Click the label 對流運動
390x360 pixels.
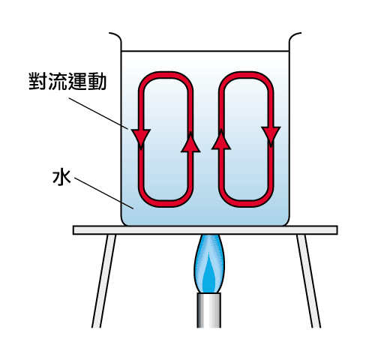[67, 81]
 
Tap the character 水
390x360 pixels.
[61, 177]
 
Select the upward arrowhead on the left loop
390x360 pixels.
[190, 142]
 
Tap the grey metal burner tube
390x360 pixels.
[208, 310]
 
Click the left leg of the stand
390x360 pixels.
[103, 281]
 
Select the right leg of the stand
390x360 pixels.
[308, 281]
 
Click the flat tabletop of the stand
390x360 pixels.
[205, 230]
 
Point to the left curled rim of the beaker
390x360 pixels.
[115, 40]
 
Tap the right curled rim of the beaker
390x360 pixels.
[295, 40]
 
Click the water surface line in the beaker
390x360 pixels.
[205, 51]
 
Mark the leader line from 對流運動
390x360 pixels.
[98, 113]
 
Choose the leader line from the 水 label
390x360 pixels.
[103, 193]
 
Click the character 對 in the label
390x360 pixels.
[38, 81]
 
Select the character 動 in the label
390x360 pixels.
[97, 81]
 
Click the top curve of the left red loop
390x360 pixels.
[166, 74]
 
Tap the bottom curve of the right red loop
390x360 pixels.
[246, 204]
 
